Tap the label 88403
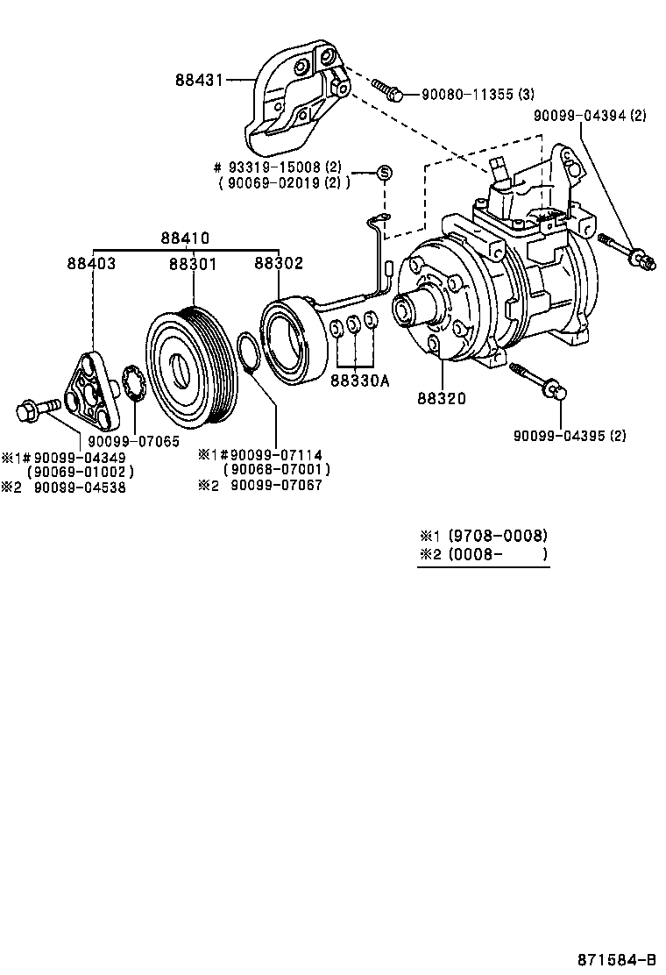(91, 262)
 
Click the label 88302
(279, 262)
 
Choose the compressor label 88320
(441, 398)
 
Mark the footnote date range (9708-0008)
(497, 535)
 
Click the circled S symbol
(383, 173)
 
